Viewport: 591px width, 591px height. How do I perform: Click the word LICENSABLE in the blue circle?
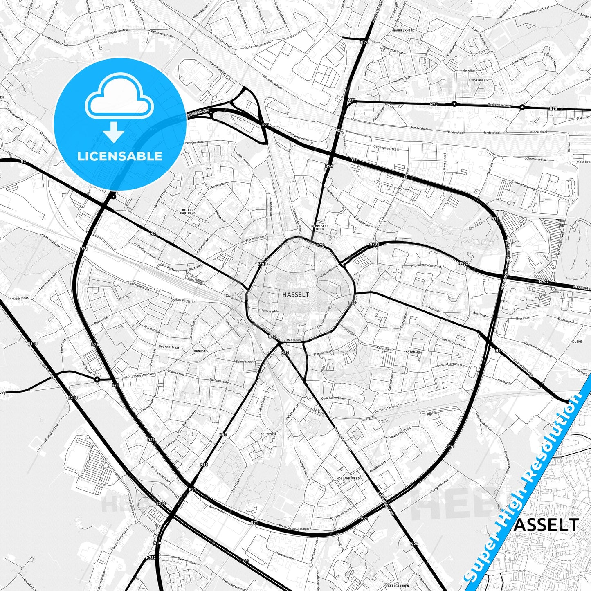pos(120,156)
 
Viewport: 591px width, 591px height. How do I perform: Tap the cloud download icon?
pos(119,107)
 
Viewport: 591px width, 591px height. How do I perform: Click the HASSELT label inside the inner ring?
pos(296,294)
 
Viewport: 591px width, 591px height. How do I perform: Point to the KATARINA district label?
pos(413,351)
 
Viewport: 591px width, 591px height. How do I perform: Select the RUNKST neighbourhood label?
pos(200,351)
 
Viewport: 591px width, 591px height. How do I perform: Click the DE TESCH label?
pos(268,434)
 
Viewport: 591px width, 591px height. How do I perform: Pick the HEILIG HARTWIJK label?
pos(188,211)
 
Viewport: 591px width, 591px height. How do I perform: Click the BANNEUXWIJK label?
pos(404,31)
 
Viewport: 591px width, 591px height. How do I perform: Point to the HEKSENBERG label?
pos(478,80)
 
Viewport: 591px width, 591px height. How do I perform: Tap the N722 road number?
pos(151,557)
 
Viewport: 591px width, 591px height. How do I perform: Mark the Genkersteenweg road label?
pos(499,105)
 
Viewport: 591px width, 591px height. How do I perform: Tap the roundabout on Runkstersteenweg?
pos(97,380)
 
